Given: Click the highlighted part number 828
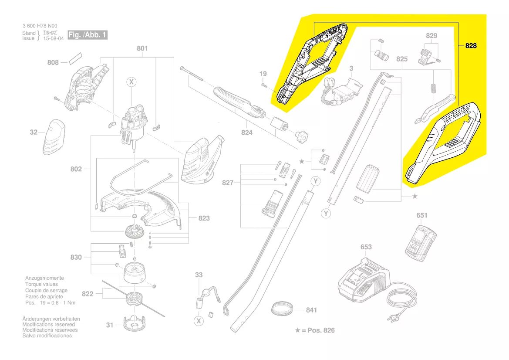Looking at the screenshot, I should (471, 45).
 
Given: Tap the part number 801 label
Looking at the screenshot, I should (142, 48).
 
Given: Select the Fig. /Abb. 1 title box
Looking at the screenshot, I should (87, 35).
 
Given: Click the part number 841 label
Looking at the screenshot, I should (311, 310).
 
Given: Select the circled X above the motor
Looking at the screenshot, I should (131, 82).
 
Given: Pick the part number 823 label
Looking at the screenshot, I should (204, 218).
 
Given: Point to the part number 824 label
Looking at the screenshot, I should (247, 132).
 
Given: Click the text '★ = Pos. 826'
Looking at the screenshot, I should (315, 330).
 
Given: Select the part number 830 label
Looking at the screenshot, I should (76, 257).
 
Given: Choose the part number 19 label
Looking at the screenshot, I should (263, 74).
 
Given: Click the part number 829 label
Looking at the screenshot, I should (431, 36).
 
